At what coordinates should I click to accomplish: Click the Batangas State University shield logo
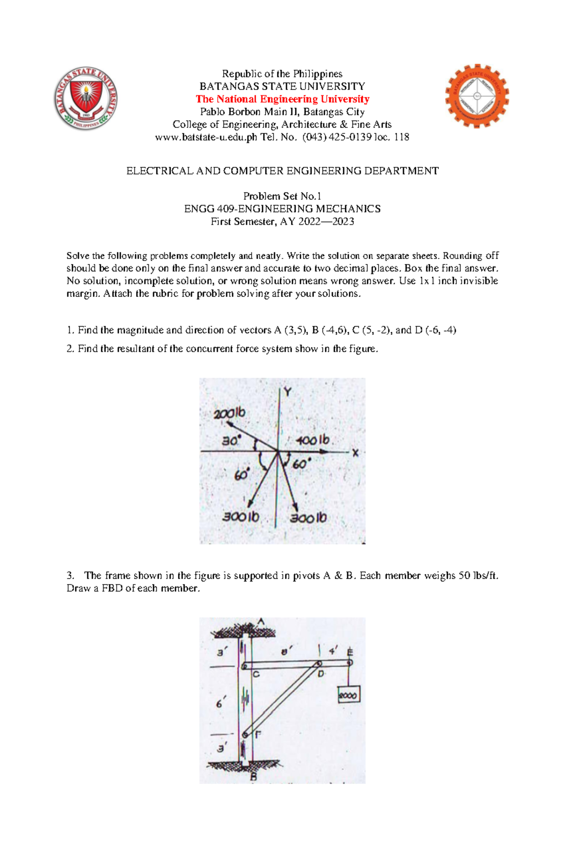point(85,99)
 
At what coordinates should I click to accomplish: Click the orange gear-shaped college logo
point(476,97)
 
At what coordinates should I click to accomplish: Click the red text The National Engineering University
point(282,99)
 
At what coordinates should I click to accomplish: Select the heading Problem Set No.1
point(282,196)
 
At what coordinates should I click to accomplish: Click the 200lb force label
point(229,414)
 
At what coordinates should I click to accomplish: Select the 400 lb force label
point(313,440)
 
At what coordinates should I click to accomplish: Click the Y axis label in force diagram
point(287,392)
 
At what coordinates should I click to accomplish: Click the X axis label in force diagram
point(355,453)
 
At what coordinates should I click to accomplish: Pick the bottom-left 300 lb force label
point(241,517)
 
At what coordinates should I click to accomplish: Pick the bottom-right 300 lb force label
point(308,518)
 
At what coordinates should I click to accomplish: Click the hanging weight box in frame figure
point(349,694)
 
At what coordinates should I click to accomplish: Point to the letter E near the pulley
point(350,652)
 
